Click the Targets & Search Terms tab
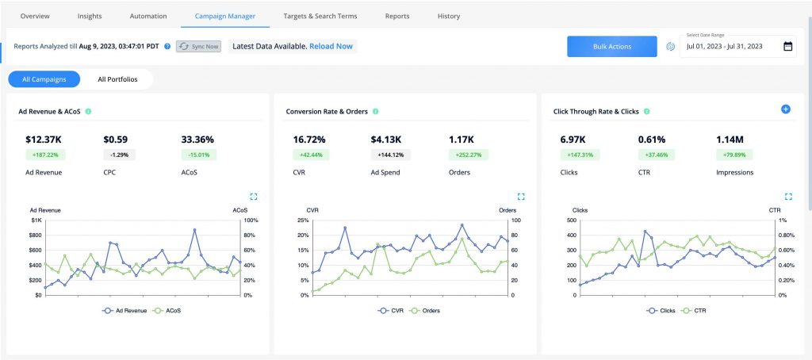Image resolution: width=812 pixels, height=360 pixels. [x=320, y=16]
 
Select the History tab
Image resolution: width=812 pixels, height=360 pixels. [x=448, y=16]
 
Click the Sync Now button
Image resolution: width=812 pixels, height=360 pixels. [x=198, y=47]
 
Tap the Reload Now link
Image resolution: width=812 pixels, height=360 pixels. [x=331, y=47]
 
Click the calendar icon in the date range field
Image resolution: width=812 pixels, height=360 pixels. [x=787, y=47]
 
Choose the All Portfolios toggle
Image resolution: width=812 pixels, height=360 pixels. [x=117, y=79]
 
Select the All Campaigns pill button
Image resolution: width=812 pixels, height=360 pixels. [x=44, y=79]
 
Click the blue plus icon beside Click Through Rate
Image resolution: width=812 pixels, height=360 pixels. [x=786, y=109]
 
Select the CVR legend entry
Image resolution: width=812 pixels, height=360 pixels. [x=392, y=311]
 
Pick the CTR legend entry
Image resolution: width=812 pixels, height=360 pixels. [x=697, y=311]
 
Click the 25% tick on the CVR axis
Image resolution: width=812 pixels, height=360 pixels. [x=303, y=220]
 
